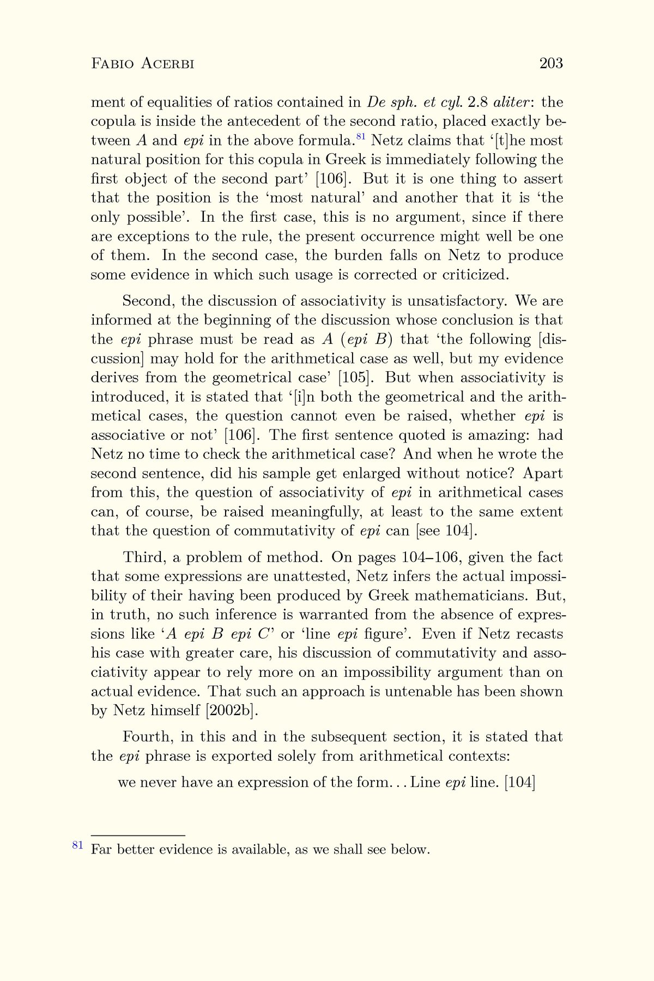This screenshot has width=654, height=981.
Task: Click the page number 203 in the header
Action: (550, 64)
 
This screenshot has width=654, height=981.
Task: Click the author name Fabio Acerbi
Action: (143, 64)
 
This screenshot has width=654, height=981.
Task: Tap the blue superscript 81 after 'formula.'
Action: (360, 136)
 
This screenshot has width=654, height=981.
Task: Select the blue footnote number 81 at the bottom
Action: (77, 845)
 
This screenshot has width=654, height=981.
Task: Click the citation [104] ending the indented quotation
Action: (520, 783)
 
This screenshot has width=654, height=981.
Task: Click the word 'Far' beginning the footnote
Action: (101, 849)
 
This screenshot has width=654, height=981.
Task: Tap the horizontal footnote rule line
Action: (138, 835)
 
